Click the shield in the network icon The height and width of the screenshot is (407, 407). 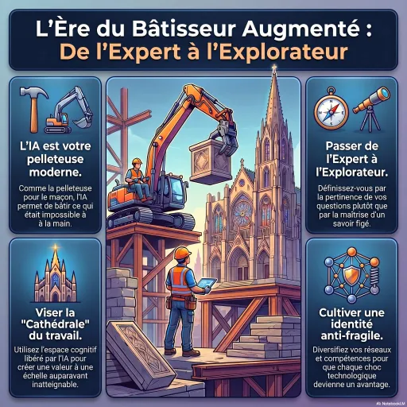pyautogui.click(x=351, y=274)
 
